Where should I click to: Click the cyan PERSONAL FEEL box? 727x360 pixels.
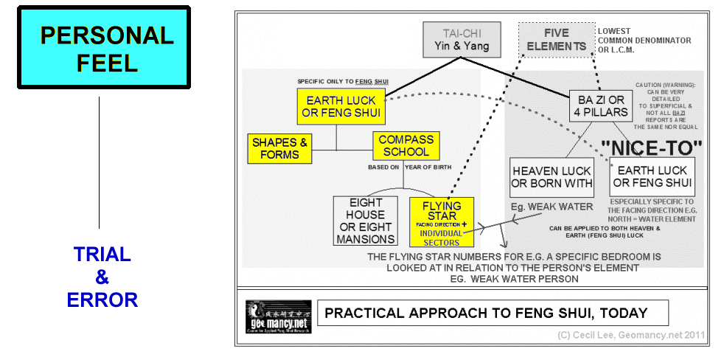coord(103,47)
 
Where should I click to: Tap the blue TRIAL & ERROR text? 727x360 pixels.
coord(102,277)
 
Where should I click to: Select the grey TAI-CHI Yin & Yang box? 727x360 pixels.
coord(462,40)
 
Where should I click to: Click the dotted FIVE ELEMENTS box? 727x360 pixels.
coord(557,39)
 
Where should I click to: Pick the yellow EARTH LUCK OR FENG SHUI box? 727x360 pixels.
coord(341,106)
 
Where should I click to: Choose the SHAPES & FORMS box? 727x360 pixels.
coord(279,148)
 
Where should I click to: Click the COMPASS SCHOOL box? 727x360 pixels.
coord(406,146)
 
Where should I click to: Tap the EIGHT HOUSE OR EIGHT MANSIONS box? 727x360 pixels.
coord(366,221)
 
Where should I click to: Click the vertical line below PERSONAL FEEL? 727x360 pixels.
coord(99,162)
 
